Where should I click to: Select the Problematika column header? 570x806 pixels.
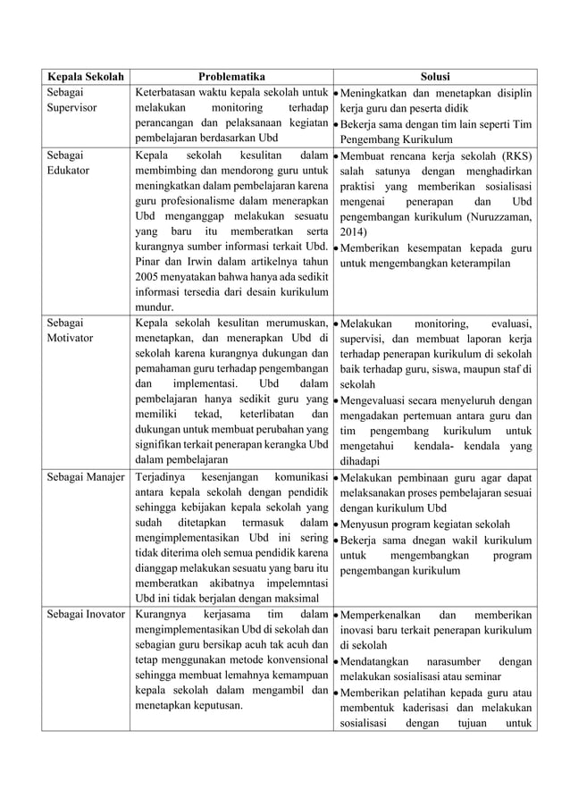231,77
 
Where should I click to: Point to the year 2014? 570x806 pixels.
352,232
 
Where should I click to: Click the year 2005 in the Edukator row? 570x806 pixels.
149,275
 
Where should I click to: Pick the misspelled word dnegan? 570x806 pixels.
423,540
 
